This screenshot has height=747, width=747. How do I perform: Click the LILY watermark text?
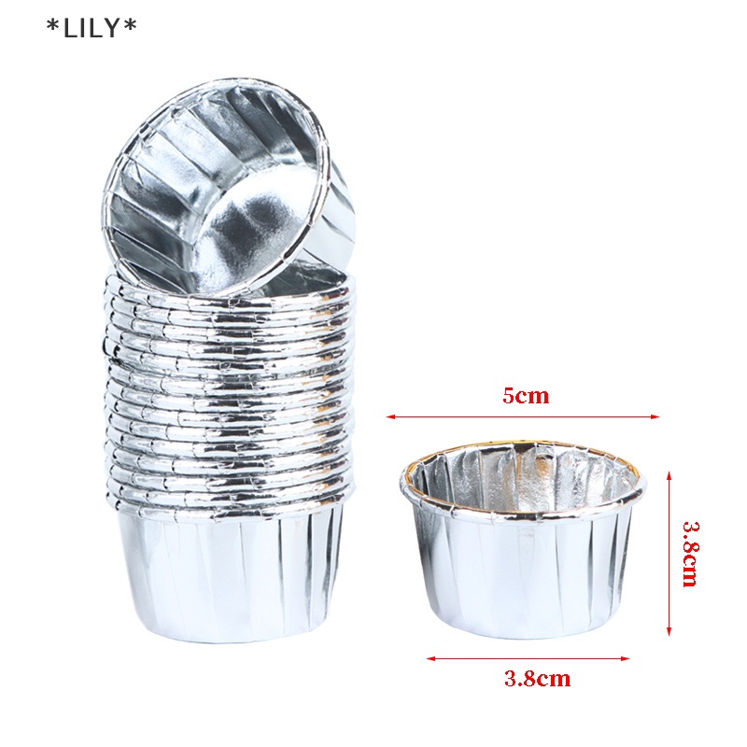[92, 29]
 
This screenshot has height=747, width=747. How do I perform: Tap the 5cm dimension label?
[526, 396]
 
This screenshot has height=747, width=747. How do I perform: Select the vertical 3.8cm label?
[690, 554]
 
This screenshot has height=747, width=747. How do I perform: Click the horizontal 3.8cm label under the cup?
[536, 679]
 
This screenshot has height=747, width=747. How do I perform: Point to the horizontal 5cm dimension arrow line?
[523, 416]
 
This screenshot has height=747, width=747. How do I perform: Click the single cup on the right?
[523, 542]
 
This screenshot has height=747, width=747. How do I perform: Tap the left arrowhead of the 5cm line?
[390, 416]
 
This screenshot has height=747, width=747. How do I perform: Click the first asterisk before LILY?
[52, 26]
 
